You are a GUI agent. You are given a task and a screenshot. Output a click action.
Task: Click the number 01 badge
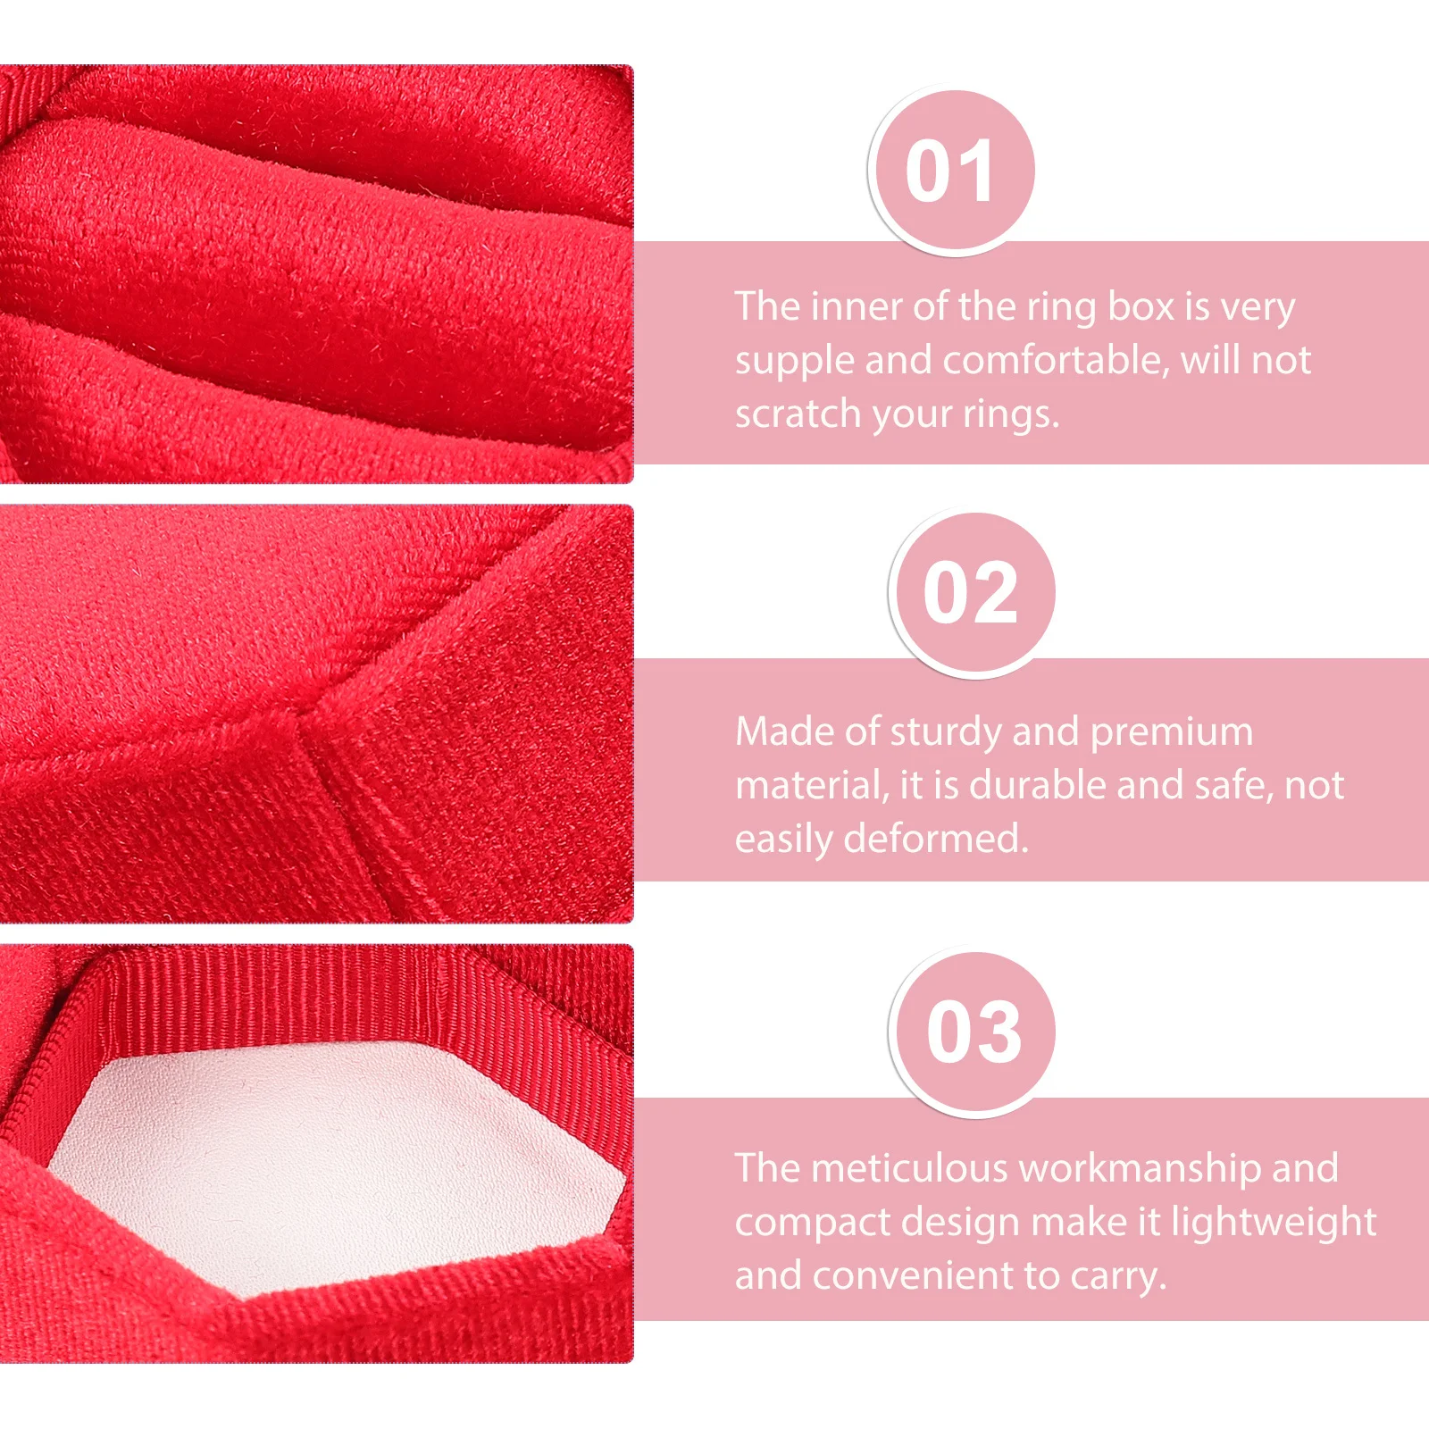(950, 171)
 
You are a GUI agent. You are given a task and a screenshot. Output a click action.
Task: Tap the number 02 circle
(971, 593)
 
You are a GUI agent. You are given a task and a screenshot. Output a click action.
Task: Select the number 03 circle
(974, 1032)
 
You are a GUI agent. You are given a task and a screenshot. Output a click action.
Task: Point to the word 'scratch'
(797, 414)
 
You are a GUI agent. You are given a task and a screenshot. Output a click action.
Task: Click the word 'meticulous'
(909, 1168)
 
